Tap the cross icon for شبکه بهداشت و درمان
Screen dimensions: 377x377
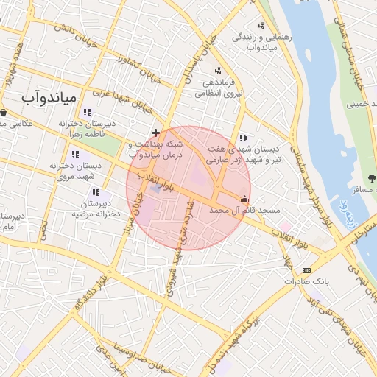[155, 132]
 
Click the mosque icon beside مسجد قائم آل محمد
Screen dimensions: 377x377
[244, 199]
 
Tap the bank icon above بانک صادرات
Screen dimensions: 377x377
[306, 270]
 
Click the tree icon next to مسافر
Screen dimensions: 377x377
[371, 177]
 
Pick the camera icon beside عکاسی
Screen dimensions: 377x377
[4, 113]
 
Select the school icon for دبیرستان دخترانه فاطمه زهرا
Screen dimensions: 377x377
[87, 113]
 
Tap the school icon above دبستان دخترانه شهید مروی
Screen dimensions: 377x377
[75, 155]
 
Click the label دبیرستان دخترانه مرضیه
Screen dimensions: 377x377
[91, 208]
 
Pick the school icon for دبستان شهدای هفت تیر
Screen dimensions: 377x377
[243, 138]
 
